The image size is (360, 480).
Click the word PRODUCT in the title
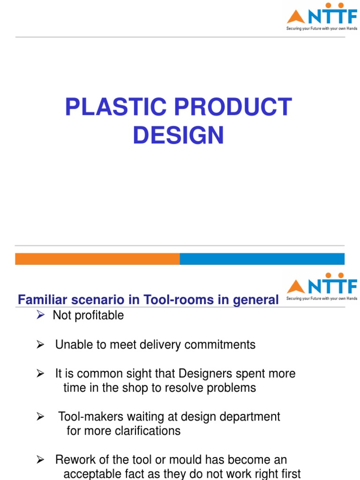[227, 107]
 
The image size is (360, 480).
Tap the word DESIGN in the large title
[178, 135]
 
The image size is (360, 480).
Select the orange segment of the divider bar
[97, 259]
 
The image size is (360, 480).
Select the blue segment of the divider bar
[262, 259]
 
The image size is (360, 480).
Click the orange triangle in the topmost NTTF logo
[295, 17]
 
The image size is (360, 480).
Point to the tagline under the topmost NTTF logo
[322, 28]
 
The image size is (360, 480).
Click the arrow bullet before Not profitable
[40, 315]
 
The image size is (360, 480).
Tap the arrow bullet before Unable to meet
[40, 345]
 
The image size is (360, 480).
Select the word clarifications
[148, 431]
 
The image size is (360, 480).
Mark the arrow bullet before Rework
[40, 460]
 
